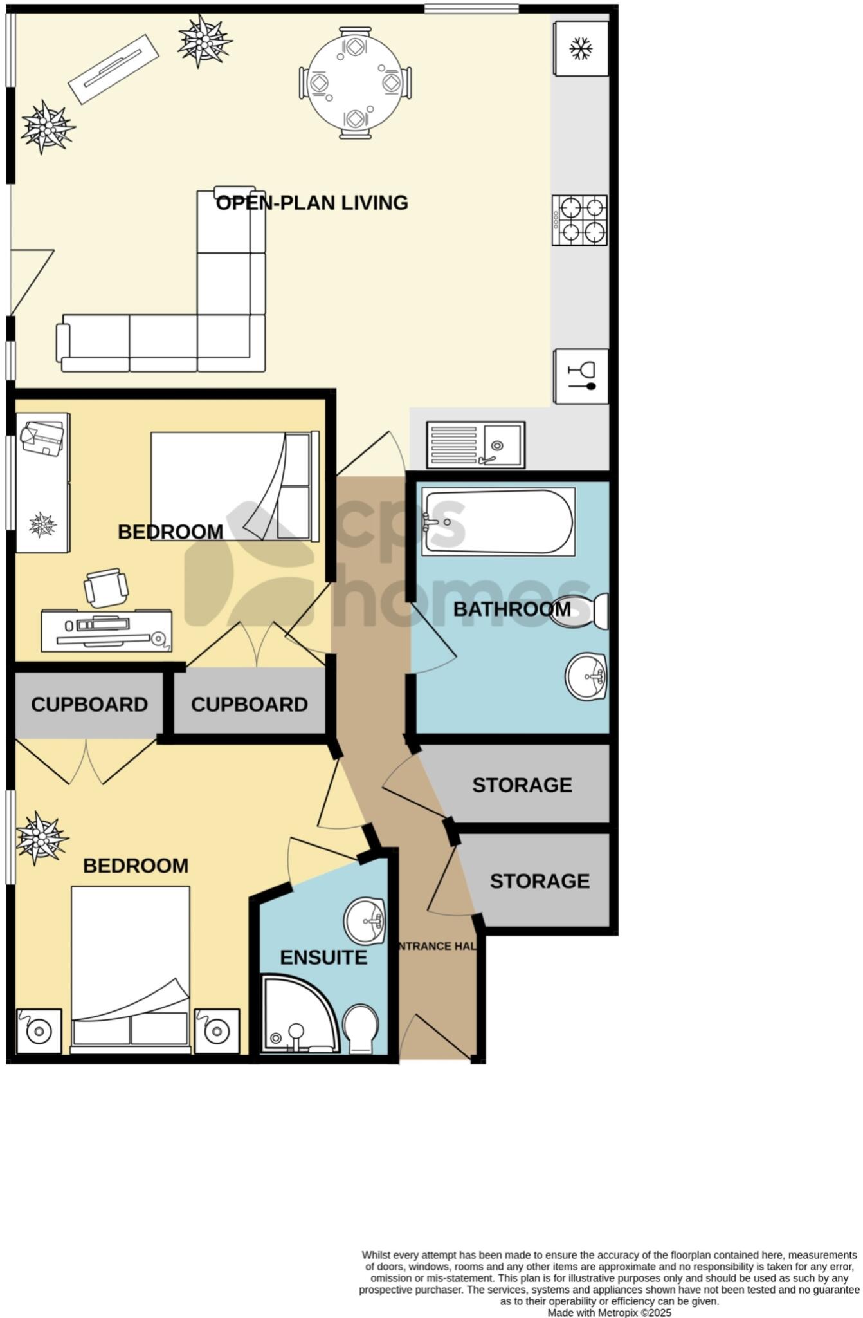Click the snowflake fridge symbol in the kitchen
(x=581, y=49)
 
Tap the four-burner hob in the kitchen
(x=579, y=220)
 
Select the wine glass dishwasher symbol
(x=581, y=376)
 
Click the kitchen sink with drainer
(x=477, y=445)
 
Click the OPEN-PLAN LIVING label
(x=312, y=203)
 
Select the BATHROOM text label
(x=512, y=609)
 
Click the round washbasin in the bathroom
(x=586, y=676)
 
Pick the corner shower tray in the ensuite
(x=299, y=1016)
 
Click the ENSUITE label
(x=323, y=958)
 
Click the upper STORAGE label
(x=522, y=785)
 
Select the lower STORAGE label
(x=540, y=881)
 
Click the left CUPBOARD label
(x=89, y=705)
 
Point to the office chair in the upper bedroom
(x=105, y=587)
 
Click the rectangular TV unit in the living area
(x=113, y=69)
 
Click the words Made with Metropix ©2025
(x=609, y=1312)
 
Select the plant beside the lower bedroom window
(x=41, y=838)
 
